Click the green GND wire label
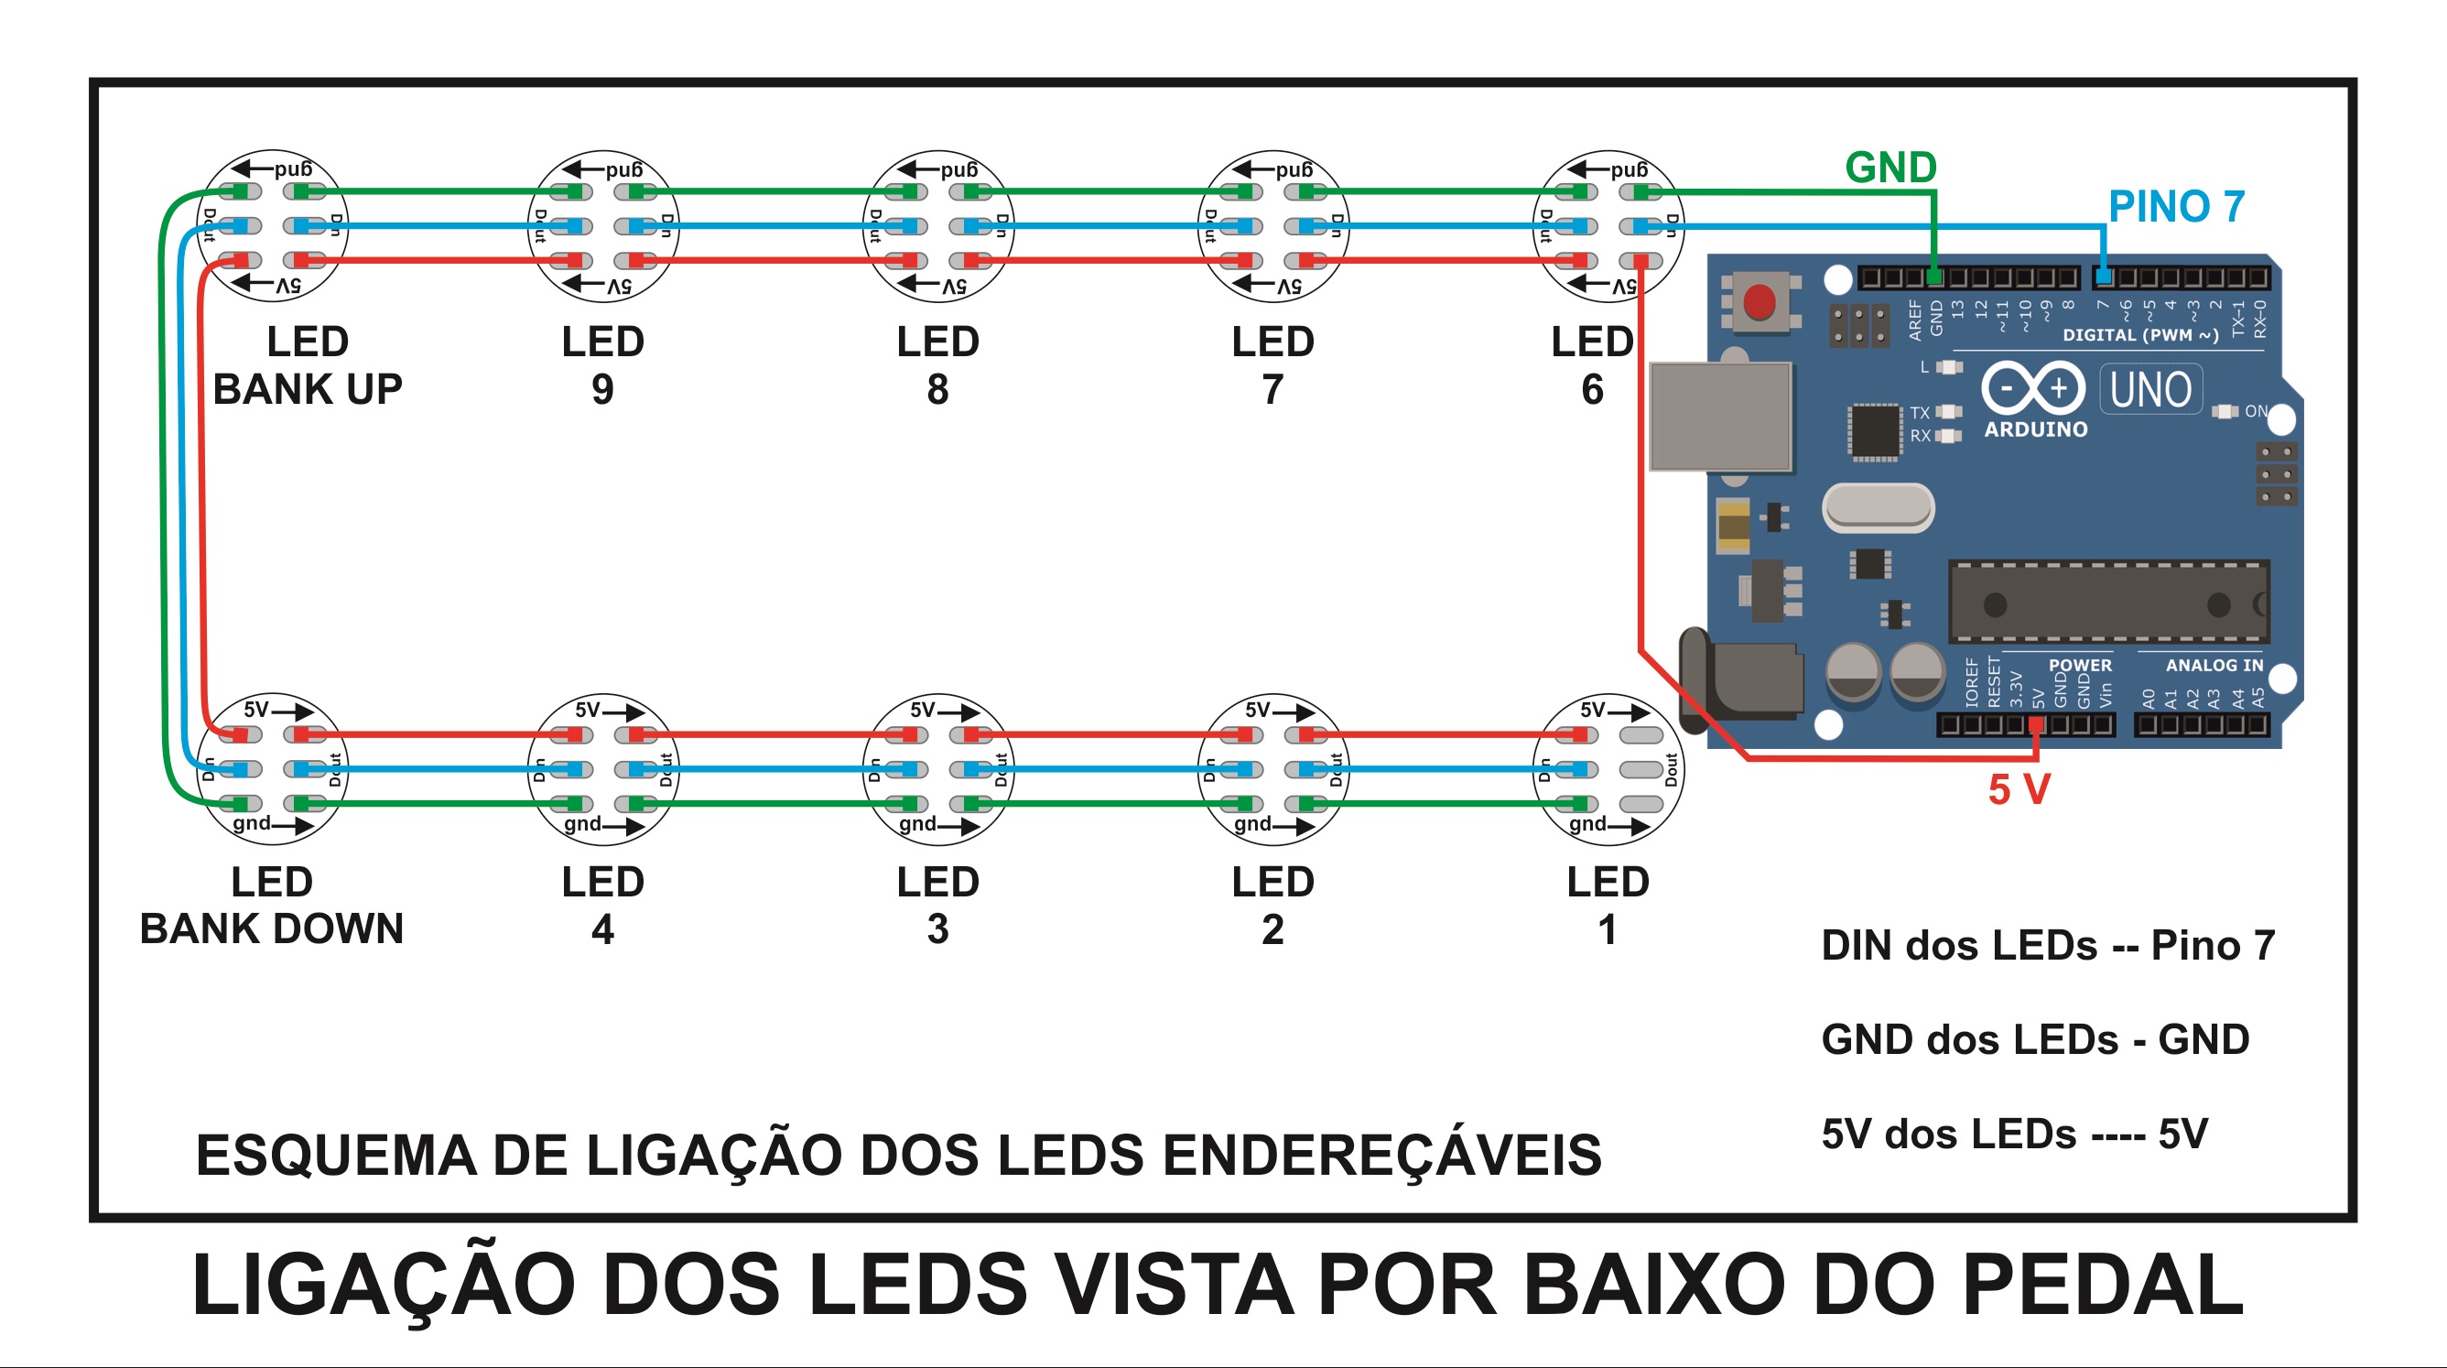1889,168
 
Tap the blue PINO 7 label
2175,207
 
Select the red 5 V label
2019,789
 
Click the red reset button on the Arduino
1759,302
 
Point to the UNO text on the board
2149,389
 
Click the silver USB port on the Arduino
1720,416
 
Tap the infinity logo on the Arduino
2032,388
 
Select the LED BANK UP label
307,365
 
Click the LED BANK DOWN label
272,906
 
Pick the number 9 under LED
602,389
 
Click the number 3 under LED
937,929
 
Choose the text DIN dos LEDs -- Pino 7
2047,945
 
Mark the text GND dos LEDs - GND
2035,1039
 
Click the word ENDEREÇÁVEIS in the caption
1382,1156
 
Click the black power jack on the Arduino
1743,680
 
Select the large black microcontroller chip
2108,603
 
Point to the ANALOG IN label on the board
2214,665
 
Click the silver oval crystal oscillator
1877,507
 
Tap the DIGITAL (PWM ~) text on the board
2140,335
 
